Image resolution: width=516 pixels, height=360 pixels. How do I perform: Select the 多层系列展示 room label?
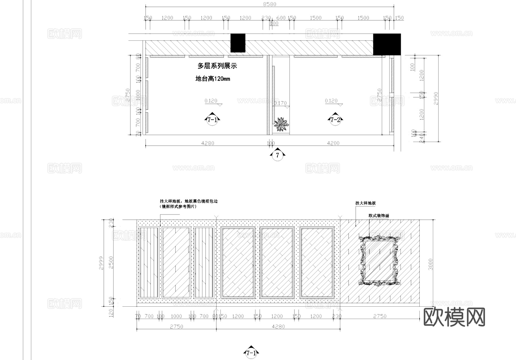217,66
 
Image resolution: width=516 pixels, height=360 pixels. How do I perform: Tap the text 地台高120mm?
212,79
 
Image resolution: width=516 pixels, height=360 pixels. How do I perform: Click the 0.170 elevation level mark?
280,103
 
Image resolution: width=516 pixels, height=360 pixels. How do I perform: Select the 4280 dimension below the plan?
208,143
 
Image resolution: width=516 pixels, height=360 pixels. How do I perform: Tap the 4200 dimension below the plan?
333,143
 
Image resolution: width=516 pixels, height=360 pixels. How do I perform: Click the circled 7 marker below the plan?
277,155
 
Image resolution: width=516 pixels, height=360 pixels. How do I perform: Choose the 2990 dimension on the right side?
436,98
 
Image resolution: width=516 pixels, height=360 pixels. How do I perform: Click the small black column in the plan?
238,43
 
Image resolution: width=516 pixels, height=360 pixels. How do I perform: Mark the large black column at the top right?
387,44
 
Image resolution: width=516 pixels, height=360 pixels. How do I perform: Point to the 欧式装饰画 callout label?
379,216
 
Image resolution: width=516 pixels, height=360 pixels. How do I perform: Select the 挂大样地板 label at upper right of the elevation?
365,203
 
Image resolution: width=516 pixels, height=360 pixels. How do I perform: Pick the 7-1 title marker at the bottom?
251,353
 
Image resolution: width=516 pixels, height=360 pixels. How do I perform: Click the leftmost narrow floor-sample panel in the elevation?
148,262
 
